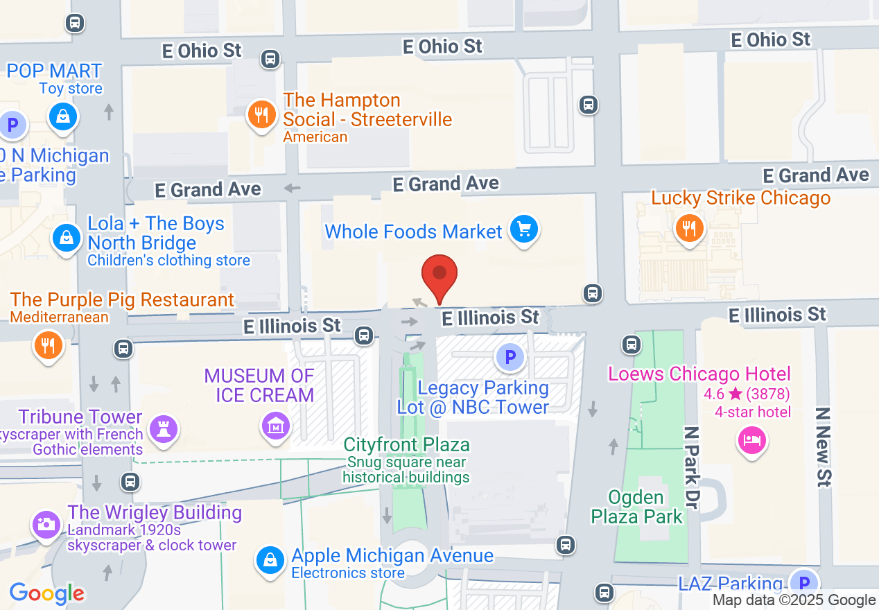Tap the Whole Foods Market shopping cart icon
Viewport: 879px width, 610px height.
(x=524, y=229)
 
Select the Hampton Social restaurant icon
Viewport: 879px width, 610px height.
(x=261, y=115)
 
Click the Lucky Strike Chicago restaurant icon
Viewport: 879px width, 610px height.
(x=688, y=227)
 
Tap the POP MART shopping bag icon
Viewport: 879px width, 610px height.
(x=62, y=116)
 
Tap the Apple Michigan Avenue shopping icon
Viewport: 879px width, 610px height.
(x=270, y=559)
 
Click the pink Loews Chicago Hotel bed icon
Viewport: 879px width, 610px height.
(x=751, y=439)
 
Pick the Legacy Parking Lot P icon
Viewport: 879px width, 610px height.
(x=510, y=358)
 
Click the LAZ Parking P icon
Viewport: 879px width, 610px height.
(x=804, y=582)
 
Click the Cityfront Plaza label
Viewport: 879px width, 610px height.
(x=407, y=444)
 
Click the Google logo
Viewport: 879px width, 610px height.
(x=46, y=593)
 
